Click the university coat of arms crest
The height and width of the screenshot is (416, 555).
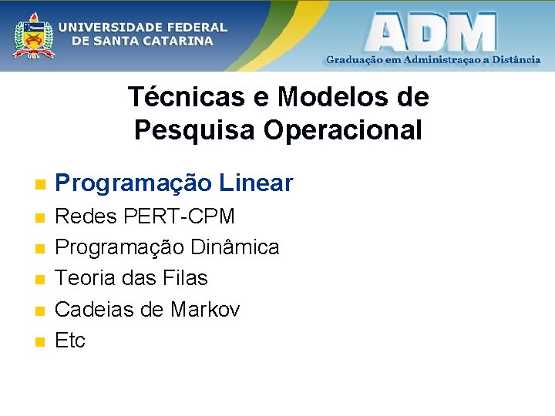point(34,35)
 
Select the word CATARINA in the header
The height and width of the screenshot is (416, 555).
point(176,41)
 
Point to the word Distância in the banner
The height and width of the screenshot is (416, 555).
point(513,59)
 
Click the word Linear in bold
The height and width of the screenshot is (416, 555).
point(256,183)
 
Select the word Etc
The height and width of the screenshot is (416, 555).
point(70,341)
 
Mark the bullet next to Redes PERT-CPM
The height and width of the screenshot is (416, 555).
point(40,218)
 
